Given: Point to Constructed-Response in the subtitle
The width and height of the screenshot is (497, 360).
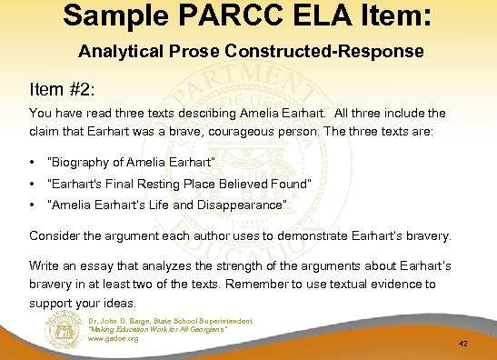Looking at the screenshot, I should [x=335, y=52].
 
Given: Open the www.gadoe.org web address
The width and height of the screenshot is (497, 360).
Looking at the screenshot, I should [x=114, y=338].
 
